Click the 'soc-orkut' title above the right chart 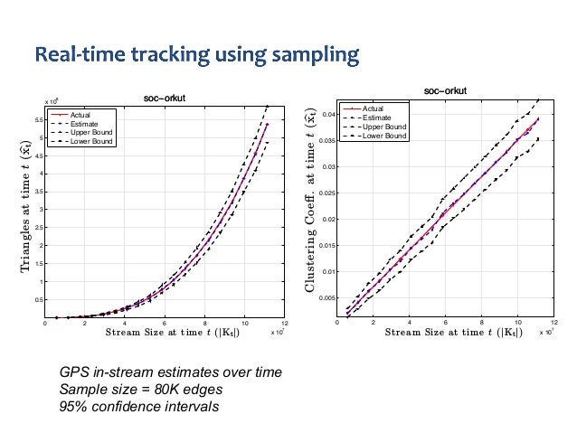(446, 90)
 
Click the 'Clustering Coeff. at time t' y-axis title (310, 202)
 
